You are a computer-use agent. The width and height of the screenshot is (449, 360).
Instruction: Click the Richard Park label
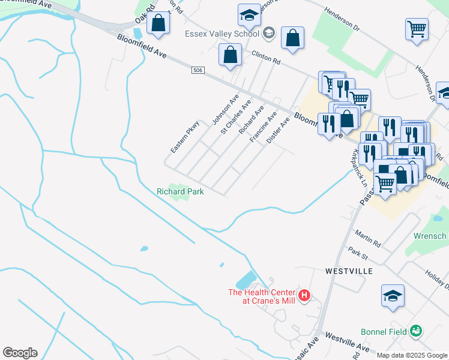point(180,191)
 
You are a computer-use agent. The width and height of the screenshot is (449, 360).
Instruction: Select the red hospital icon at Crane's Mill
point(304,295)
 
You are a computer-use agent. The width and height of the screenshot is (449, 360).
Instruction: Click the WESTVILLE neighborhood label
point(349,271)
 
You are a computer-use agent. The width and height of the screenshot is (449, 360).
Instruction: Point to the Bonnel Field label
point(384,331)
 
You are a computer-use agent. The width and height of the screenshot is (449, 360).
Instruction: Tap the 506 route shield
point(197,71)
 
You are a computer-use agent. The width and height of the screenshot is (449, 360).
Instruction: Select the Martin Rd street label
point(368,241)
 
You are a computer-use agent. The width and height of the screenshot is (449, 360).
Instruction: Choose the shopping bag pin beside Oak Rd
point(158,23)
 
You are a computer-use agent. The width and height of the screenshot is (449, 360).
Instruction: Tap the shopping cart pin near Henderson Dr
point(417,28)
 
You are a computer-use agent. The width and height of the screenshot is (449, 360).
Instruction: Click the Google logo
point(20,353)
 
